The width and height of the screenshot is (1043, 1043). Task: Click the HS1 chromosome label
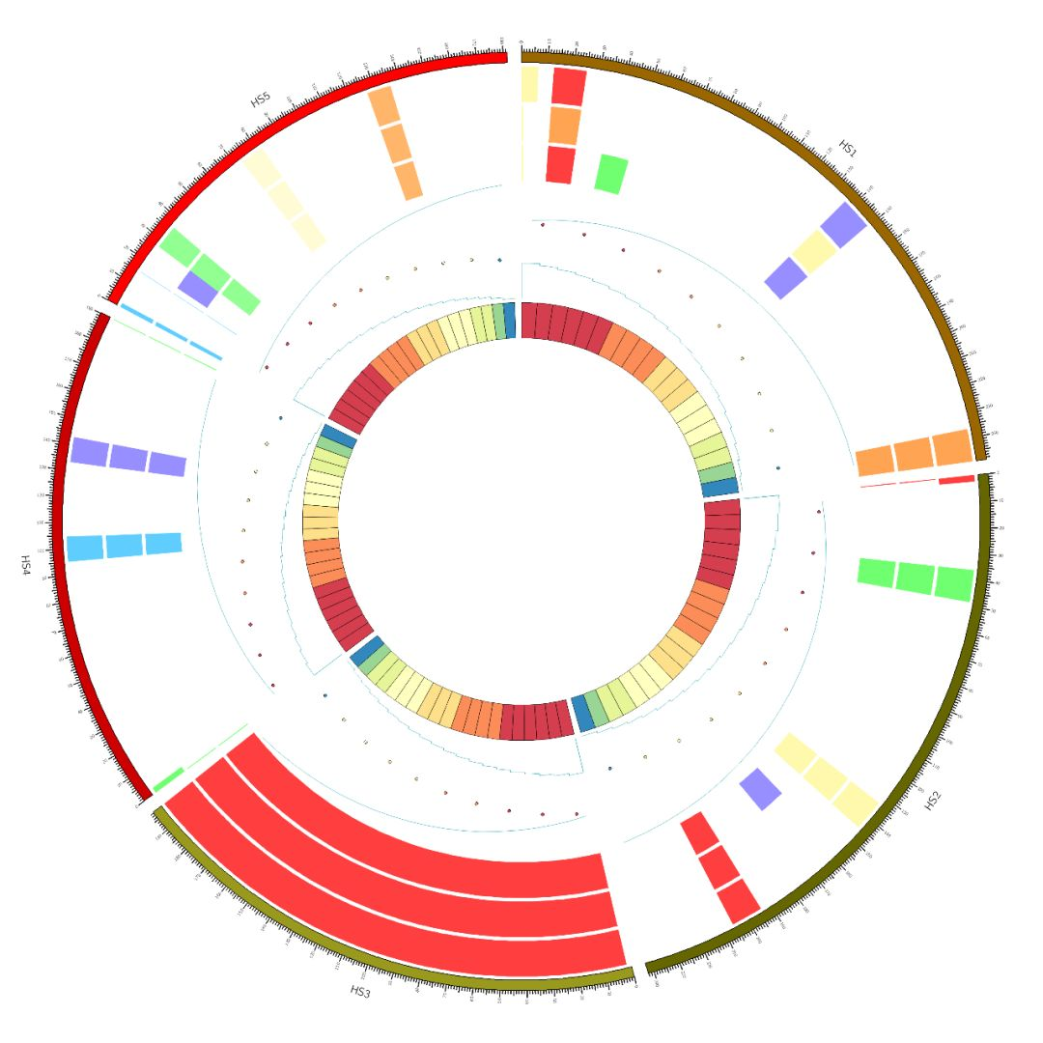[x=847, y=148]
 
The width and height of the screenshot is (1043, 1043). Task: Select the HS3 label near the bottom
[x=360, y=990]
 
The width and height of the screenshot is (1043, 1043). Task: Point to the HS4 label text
[x=26, y=564]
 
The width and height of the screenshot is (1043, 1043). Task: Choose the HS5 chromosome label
[x=261, y=99]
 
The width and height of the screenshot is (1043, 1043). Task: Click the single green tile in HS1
[x=610, y=174]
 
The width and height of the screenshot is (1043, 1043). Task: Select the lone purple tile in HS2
[x=760, y=788]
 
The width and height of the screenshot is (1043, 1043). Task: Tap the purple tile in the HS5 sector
[x=198, y=288]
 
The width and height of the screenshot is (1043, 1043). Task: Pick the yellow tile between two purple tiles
[x=814, y=251]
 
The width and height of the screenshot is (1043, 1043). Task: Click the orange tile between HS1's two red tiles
[x=564, y=126]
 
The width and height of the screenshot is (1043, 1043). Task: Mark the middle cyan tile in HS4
[x=124, y=546]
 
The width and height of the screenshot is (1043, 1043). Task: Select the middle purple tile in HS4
[x=128, y=457]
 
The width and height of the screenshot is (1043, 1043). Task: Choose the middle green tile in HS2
[x=915, y=578]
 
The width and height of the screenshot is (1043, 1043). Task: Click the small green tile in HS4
[x=168, y=777]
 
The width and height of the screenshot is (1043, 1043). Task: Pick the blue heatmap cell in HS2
[x=582, y=713]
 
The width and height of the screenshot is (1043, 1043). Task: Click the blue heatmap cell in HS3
[x=366, y=653]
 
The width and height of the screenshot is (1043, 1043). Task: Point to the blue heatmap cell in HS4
[x=339, y=436]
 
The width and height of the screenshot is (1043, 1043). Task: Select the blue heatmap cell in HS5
[x=509, y=320]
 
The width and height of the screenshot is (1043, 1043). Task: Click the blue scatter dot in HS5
[x=499, y=260]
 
